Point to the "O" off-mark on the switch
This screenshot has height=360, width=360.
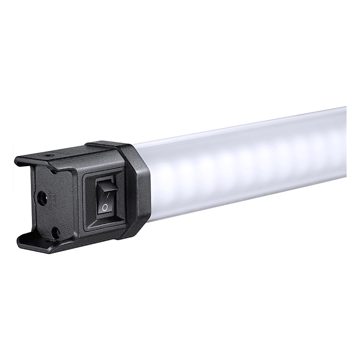(x=105, y=207)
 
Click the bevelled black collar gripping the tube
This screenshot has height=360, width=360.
(x=136, y=190)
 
